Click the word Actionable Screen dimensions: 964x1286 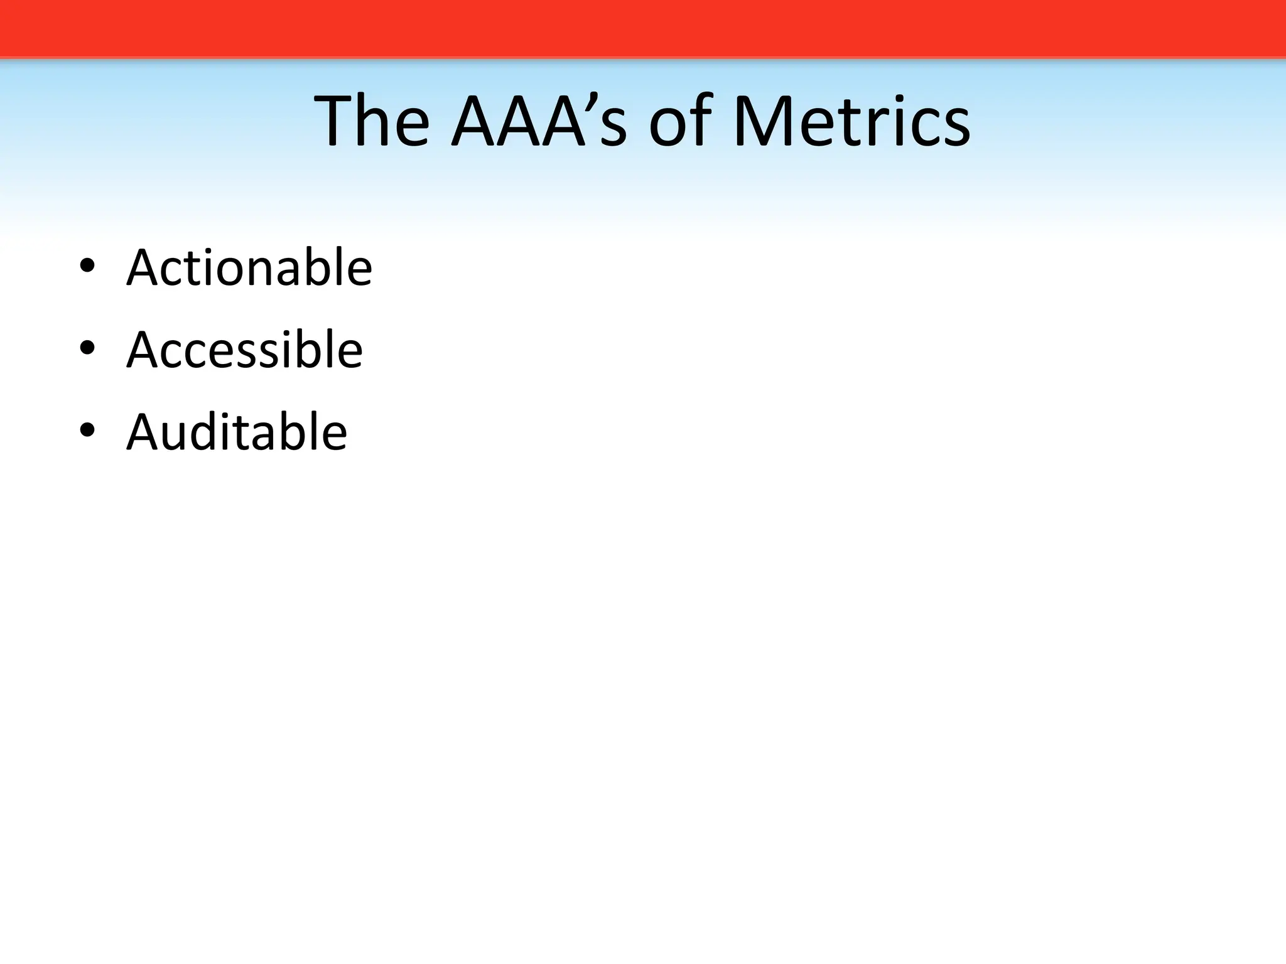click(x=249, y=268)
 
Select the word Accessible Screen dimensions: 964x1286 click(x=244, y=350)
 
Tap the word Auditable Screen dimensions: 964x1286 click(x=236, y=432)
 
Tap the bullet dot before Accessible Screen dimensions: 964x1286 click(x=87, y=348)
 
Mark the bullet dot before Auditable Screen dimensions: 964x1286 click(x=87, y=430)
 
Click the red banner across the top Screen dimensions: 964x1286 click(x=643, y=28)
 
